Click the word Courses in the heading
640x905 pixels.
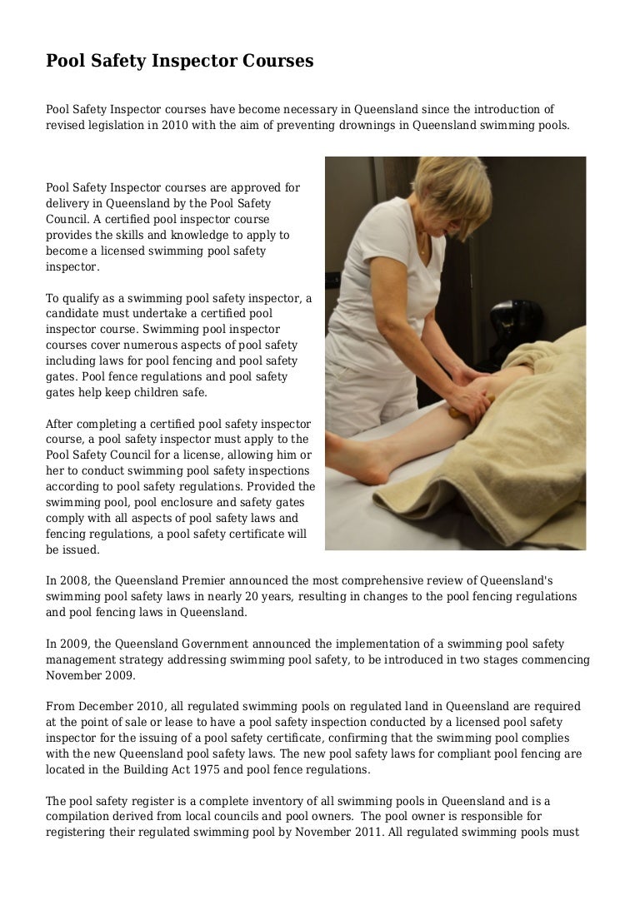pos(274,61)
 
